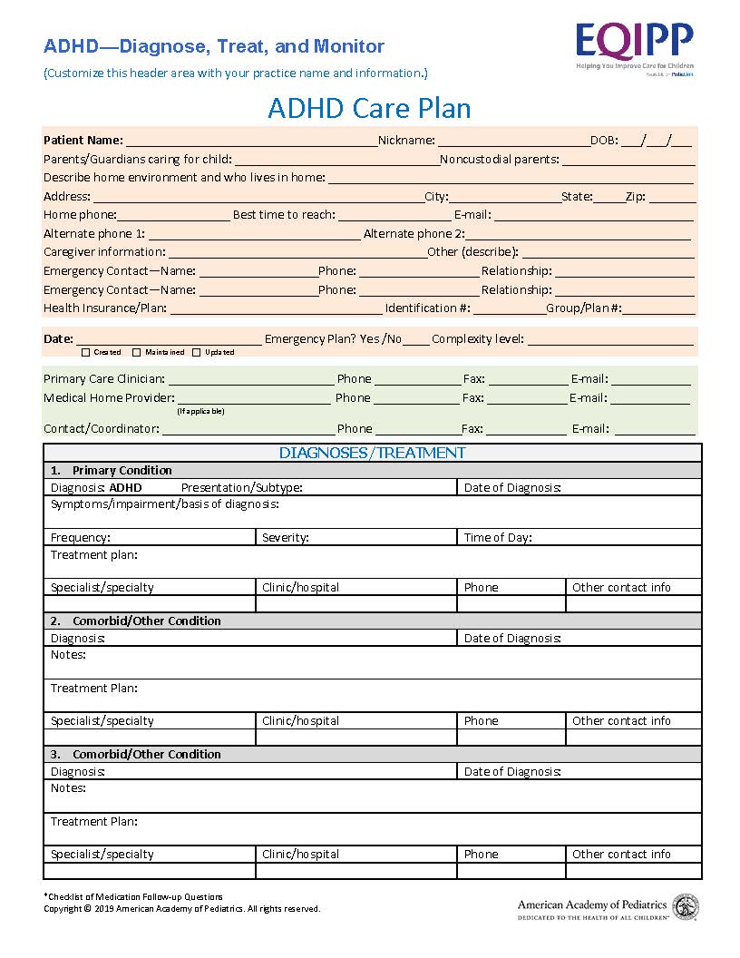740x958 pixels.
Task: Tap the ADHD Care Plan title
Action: click(x=369, y=108)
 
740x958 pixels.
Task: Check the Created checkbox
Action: click(x=86, y=352)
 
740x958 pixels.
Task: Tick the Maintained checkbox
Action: click(x=137, y=352)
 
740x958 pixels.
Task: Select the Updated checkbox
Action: click(x=196, y=352)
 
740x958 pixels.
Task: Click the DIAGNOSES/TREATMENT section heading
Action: click(x=372, y=453)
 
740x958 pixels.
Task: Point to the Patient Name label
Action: click(x=83, y=140)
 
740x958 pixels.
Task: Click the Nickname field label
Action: click(x=405, y=140)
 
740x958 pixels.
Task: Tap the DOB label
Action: click(x=604, y=140)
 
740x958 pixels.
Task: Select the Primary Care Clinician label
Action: click(x=103, y=378)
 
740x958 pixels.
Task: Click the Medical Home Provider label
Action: click(x=108, y=397)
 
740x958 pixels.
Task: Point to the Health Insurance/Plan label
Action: click(x=104, y=308)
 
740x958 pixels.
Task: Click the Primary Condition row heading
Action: click(x=122, y=470)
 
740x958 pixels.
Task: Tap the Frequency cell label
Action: click(x=81, y=537)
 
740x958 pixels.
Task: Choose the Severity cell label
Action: click(x=286, y=537)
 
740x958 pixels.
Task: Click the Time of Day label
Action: click(x=498, y=537)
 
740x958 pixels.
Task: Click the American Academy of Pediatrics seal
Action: click(x=685, y=905)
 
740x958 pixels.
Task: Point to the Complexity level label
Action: click(x=477, y=338)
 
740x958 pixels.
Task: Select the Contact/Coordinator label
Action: click(x=101, y=428)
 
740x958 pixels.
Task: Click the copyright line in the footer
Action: click(x=181, y=908)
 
